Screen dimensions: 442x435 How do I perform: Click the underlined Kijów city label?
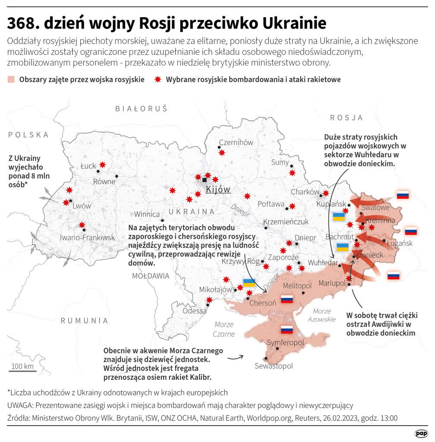(218, 189)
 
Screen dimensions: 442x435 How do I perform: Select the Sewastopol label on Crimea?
(274, 366)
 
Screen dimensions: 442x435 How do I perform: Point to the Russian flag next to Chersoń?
(287, 299)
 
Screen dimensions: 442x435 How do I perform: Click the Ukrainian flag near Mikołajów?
(249, 283)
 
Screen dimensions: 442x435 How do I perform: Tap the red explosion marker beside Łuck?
(102, 164)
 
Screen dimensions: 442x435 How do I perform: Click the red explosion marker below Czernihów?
(222, 152)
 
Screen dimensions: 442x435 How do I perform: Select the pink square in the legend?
(11, 79)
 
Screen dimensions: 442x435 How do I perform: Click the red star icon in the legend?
(158, 79)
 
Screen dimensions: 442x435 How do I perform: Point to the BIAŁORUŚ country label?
(141, 109)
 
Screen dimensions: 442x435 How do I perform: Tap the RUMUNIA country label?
(84, 320)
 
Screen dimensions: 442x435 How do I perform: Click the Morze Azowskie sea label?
(322, 315)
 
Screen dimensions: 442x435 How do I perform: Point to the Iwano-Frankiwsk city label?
(87, 237)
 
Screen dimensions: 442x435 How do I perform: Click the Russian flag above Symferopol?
(287, 330)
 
